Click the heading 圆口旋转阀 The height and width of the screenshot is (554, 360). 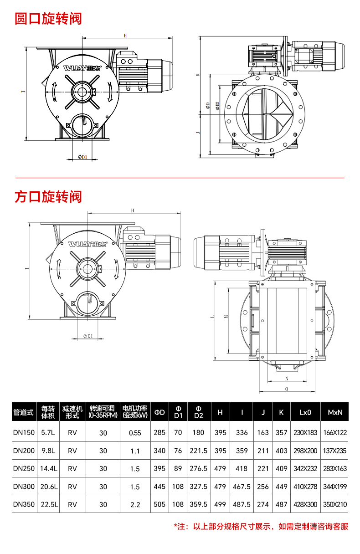point(48,19)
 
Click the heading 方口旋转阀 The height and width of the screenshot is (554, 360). point(48,197)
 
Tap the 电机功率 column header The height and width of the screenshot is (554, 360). point(135,412)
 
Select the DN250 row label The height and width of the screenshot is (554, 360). point(24,468)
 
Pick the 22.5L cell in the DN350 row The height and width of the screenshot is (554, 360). point(49,504)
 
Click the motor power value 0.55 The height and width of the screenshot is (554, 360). point(135,433)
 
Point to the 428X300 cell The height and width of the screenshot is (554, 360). point(305,504)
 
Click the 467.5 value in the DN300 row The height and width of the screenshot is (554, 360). point(242,487)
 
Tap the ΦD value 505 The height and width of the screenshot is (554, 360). point(159,504)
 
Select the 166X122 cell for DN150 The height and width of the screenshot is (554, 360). point(335,432)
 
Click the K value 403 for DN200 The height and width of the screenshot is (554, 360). point(281,451)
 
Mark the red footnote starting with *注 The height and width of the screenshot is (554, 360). point(261,527)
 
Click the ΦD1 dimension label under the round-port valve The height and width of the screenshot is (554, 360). point(82,157)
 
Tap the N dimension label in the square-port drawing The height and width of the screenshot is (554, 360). point(287,379)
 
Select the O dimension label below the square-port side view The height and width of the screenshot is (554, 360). point(287,389)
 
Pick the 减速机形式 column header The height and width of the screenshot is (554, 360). point(72,412)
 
